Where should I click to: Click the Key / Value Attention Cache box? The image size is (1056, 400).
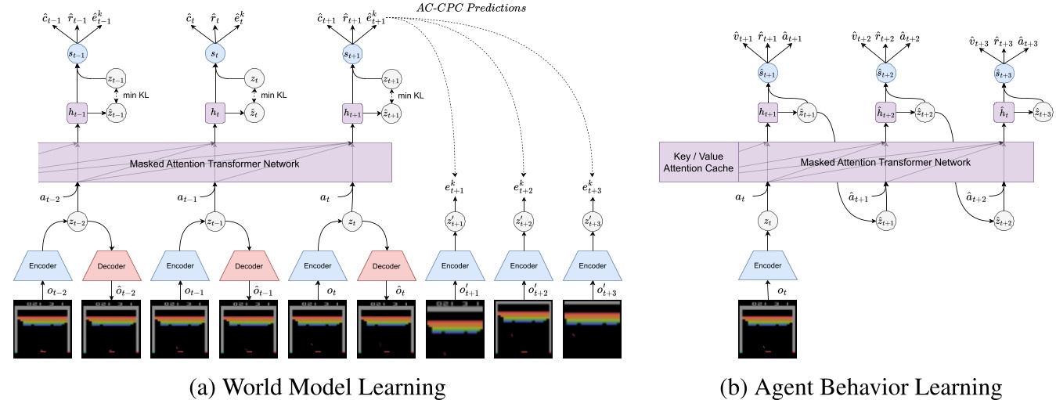tap(698, 162)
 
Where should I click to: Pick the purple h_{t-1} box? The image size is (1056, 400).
tap(76, 114)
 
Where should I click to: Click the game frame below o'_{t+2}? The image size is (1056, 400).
tap(523, 330)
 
